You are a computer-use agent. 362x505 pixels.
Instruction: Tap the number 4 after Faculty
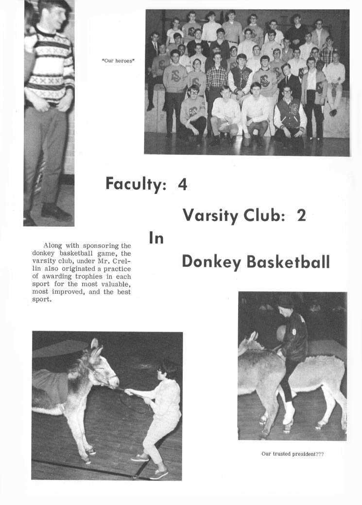pyautogui.click(x=183, y=184)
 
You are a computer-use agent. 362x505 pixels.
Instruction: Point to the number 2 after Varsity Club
pyautogui.click(x=301, y=215)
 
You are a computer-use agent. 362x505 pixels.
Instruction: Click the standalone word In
pyautogui.click(x=156, y=239)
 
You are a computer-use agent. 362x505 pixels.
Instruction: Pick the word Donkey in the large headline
pyautogui.click(x=211, y=262)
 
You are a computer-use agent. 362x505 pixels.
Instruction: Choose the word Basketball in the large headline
pyautogui.click(x=288, y=261)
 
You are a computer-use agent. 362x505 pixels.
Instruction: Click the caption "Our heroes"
pyautogui.click(x=118, y=61)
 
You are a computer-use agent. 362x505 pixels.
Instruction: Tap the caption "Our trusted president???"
pyautogui.click(x=293, y=454)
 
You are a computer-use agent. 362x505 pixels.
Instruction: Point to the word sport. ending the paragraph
pyautogui.click(x=42, y=299)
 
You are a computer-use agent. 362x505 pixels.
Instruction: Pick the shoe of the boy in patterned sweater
pyautogui.click(x=56, y=213)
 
